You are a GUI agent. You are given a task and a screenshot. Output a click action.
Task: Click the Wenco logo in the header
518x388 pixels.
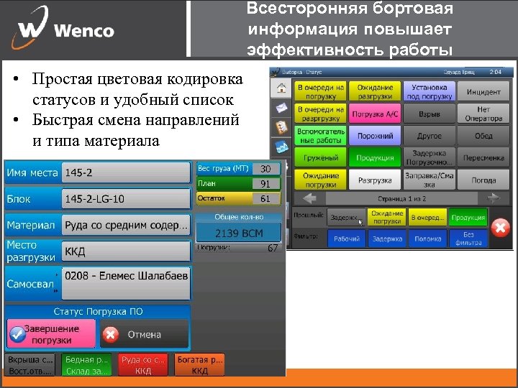(65, 29)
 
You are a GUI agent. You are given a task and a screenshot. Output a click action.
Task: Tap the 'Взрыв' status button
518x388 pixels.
(430, 114)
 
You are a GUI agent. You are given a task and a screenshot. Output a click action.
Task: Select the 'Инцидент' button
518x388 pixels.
(483, 92)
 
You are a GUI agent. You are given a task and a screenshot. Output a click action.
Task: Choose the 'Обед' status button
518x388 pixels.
(483, 136)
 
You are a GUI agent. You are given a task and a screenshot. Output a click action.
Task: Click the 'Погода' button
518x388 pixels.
(483, 180)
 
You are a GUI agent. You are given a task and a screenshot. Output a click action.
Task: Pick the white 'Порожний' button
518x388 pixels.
(375, 136)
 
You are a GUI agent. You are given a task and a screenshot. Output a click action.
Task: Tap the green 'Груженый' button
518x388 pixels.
(320, 157)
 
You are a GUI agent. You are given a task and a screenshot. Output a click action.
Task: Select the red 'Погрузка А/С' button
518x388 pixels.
(375, 114)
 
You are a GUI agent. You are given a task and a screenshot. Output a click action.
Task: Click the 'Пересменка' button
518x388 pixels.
(483, 157)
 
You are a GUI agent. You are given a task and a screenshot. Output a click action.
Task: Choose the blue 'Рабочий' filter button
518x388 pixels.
(347, 239)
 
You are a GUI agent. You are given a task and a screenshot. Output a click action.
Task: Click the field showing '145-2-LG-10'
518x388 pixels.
(126, 198)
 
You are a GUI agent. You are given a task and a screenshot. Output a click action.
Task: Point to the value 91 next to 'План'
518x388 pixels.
(265, 183)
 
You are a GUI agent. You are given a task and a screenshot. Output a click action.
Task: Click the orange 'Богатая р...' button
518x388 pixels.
(200, 365)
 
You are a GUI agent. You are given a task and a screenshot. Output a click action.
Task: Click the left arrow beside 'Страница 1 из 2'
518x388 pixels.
(310, 198)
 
